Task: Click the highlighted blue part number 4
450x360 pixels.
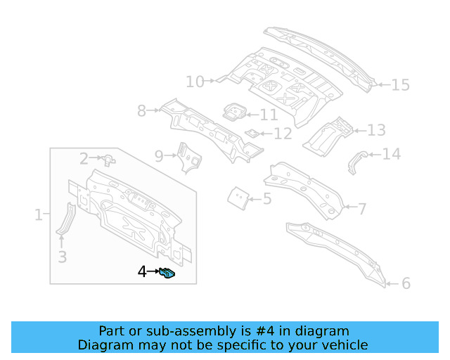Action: (168, 273)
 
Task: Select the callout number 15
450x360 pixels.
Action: (399, 85)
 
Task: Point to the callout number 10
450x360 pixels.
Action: (195, 82)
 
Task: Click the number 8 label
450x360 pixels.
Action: (141, 110)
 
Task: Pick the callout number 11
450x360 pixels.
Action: (269, 115)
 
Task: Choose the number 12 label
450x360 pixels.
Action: (282, 134)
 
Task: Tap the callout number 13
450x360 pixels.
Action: (376, 130)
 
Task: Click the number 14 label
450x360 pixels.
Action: (390, 154)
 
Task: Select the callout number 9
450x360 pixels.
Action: (159, 155)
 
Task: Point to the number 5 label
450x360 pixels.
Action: (266, 199)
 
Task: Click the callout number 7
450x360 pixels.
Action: (361, 208)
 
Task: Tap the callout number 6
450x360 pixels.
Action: (406, 284)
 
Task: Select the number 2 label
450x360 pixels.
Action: (84, 158)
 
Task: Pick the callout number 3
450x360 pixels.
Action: (62, 257)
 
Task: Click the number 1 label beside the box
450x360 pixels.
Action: (39, 214)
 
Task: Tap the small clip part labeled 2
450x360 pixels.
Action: (108, 160)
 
